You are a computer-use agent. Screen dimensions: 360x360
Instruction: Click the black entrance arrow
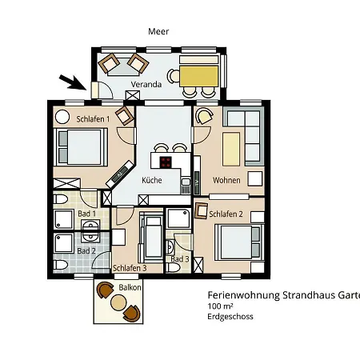click(71, 80)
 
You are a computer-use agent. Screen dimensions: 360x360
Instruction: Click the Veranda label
click(148, 84)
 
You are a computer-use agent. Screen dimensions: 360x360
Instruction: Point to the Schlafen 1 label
click(93, 119)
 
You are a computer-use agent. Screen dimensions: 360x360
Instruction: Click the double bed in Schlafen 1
click(79, 147)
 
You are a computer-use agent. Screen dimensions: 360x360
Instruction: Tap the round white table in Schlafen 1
click(62, 116)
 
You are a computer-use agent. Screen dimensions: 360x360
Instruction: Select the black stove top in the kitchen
click(166, 162)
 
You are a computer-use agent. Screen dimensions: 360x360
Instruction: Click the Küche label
click(151, 180)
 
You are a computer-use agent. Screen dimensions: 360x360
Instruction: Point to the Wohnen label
click(226, 180)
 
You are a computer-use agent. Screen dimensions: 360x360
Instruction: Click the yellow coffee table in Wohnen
click(232, 147)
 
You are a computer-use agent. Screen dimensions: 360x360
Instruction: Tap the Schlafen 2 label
click(226, 214)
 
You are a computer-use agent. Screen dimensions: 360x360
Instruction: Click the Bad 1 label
click(86, 214)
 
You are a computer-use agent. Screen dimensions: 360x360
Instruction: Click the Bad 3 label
click(180, 258)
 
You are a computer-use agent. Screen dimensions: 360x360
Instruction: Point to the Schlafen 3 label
click(129, 268)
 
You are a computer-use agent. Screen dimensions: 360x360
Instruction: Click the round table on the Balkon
click(118, 302)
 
